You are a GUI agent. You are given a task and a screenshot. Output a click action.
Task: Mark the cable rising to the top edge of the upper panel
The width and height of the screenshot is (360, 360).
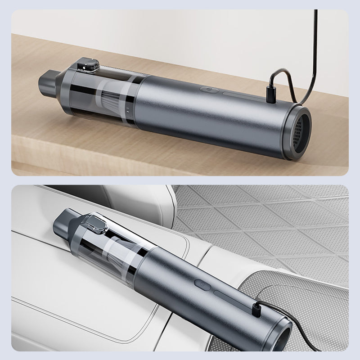tap(315, 45)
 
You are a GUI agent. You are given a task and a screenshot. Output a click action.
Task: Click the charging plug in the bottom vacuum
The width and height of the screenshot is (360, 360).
tap(255, 309)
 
